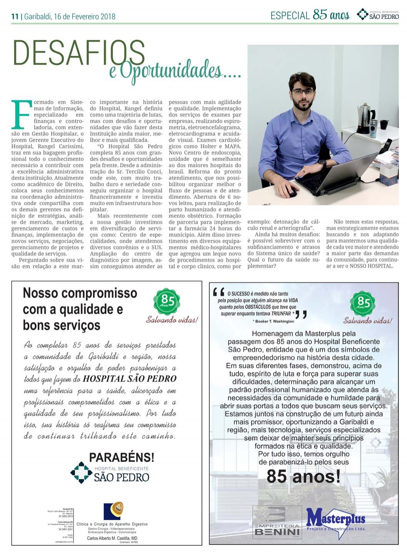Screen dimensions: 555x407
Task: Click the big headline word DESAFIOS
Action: (x=79, y=53)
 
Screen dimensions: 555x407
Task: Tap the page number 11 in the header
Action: (x=15, y=17)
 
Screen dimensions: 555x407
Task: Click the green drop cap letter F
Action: (x=22, y=114)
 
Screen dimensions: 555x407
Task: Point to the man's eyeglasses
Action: (x=303, y=92)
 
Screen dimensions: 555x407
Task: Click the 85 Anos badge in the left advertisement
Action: (x=167, y=301)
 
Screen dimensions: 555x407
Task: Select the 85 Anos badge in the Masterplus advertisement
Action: (x=363, y=303)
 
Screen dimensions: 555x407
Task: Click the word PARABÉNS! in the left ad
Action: (x=122, y=457)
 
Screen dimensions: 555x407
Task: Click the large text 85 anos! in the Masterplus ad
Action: (x=304, y=477)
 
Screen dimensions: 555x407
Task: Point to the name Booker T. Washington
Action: (x=274, y=321)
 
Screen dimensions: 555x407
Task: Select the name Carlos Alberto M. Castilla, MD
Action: (x=112, y=538)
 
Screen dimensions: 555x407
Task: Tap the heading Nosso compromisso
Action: (x=80, y=293)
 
